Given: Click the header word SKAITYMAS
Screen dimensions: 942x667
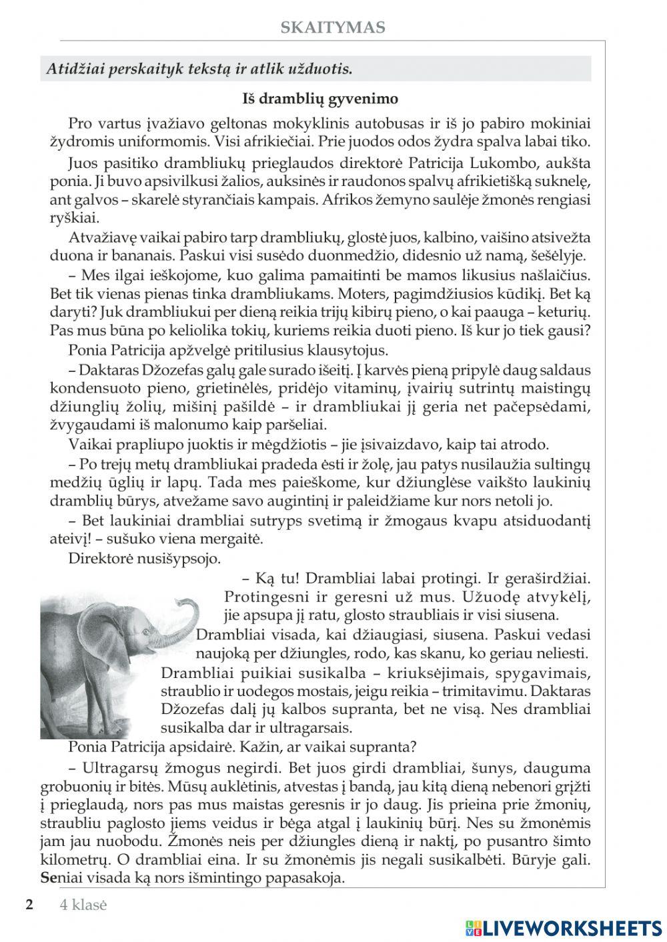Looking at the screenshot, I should (x=332, y=27).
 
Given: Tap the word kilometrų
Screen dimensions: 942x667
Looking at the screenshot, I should (x=84, y=860).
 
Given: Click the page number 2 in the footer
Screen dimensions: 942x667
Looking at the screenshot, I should (x=29, y=905).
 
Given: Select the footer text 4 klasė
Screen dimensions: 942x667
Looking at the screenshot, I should (x=83, y=905).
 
